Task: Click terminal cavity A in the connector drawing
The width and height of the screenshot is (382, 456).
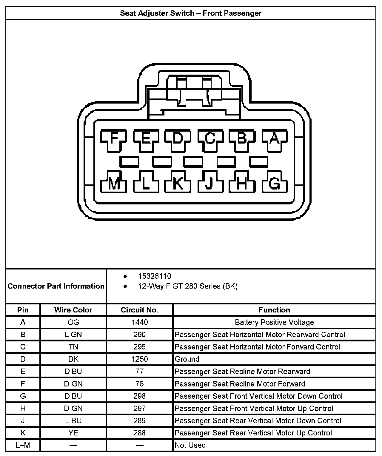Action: click(x=275, y=138)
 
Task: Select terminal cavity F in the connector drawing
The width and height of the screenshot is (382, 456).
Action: click(x=114, y=138)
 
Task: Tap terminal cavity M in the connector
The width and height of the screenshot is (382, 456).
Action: click(x=114, y=183)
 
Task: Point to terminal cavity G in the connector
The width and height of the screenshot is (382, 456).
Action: click(x=275, y=183)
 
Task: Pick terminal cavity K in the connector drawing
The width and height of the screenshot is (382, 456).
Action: click(x=178, y=183)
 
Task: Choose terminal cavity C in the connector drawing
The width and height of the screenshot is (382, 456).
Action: click(x=210, y=138)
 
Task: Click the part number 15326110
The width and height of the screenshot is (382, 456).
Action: click(x=155, y=276)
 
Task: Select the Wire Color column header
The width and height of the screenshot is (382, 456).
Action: click(x=73, y=310)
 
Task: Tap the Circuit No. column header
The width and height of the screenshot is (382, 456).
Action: click(x=139, y=310)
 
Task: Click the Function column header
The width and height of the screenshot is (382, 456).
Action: click(x=274, y=310)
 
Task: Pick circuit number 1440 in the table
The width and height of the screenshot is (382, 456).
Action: click(x=139, y=322)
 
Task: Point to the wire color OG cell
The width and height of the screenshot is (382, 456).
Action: click(x=73, y=322)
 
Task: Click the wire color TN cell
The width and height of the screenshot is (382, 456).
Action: click(x=73, y=347)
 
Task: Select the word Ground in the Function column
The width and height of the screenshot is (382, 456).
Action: click(x=187, y=359)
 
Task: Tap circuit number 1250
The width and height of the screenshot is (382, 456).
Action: click(x=139, y=359)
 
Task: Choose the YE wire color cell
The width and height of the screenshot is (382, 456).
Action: click(x=73, y=433)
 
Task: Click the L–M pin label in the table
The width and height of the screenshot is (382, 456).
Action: click(x=23, y=445)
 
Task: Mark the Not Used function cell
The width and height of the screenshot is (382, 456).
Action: click(x=190, y=445)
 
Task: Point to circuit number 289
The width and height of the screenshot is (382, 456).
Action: click(x=139, y=420)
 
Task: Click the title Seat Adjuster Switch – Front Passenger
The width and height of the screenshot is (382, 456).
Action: click(x=191, y=13)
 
